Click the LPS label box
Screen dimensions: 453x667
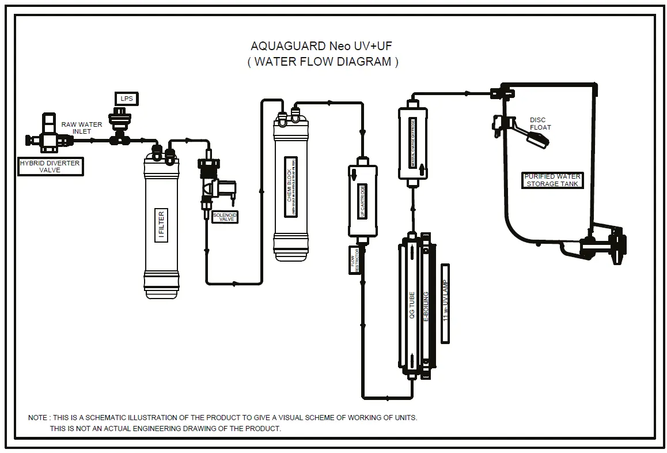(127, 99)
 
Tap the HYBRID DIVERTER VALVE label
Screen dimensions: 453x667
(50, 167)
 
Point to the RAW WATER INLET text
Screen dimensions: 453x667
(82, 127)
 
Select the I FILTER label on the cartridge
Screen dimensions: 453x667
(161, 225)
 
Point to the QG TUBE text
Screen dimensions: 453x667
(411, 305)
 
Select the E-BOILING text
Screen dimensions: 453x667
(426, 306)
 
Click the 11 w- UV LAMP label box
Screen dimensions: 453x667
(445, 304)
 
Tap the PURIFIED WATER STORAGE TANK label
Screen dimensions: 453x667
(552, 180)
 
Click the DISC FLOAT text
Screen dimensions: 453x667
(540, 123)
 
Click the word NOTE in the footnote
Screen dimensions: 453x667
(38, 417)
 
